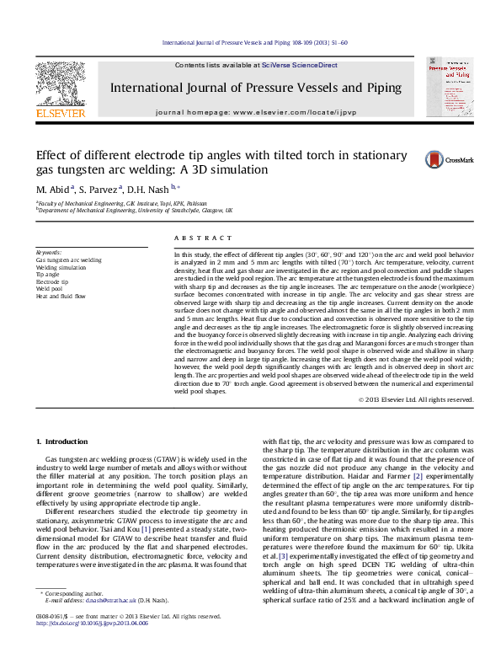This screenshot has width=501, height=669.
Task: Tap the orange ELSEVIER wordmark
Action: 60,112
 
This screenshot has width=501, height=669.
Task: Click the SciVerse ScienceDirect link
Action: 299,65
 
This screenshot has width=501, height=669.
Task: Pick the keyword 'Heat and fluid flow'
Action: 61,297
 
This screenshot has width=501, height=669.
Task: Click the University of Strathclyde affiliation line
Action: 135,211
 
